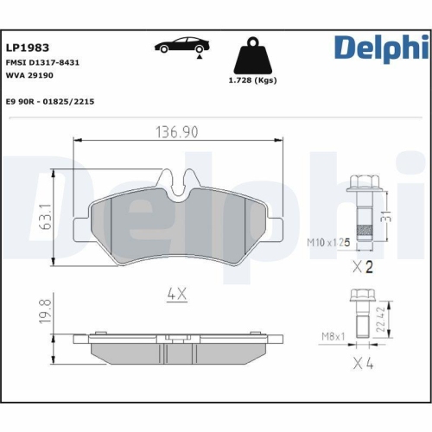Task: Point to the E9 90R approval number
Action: [x=50, y=101]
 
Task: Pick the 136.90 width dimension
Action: [x=177, y=131]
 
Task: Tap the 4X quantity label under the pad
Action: [x=176, y=294]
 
